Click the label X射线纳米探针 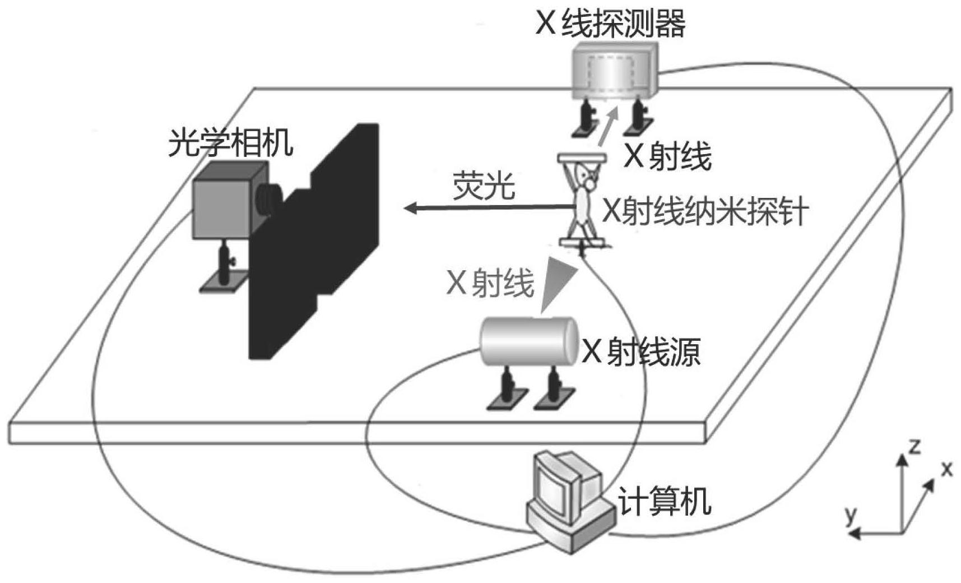click(x=705, y=212)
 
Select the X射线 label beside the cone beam click(x=489, y=282)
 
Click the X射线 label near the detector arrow click(x=667, y=156)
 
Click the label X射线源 click(x=641, y=352)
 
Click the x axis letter click(x=946, y=469)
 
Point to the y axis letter click(x=851, y=514)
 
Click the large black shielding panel click(x=314, y=247)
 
